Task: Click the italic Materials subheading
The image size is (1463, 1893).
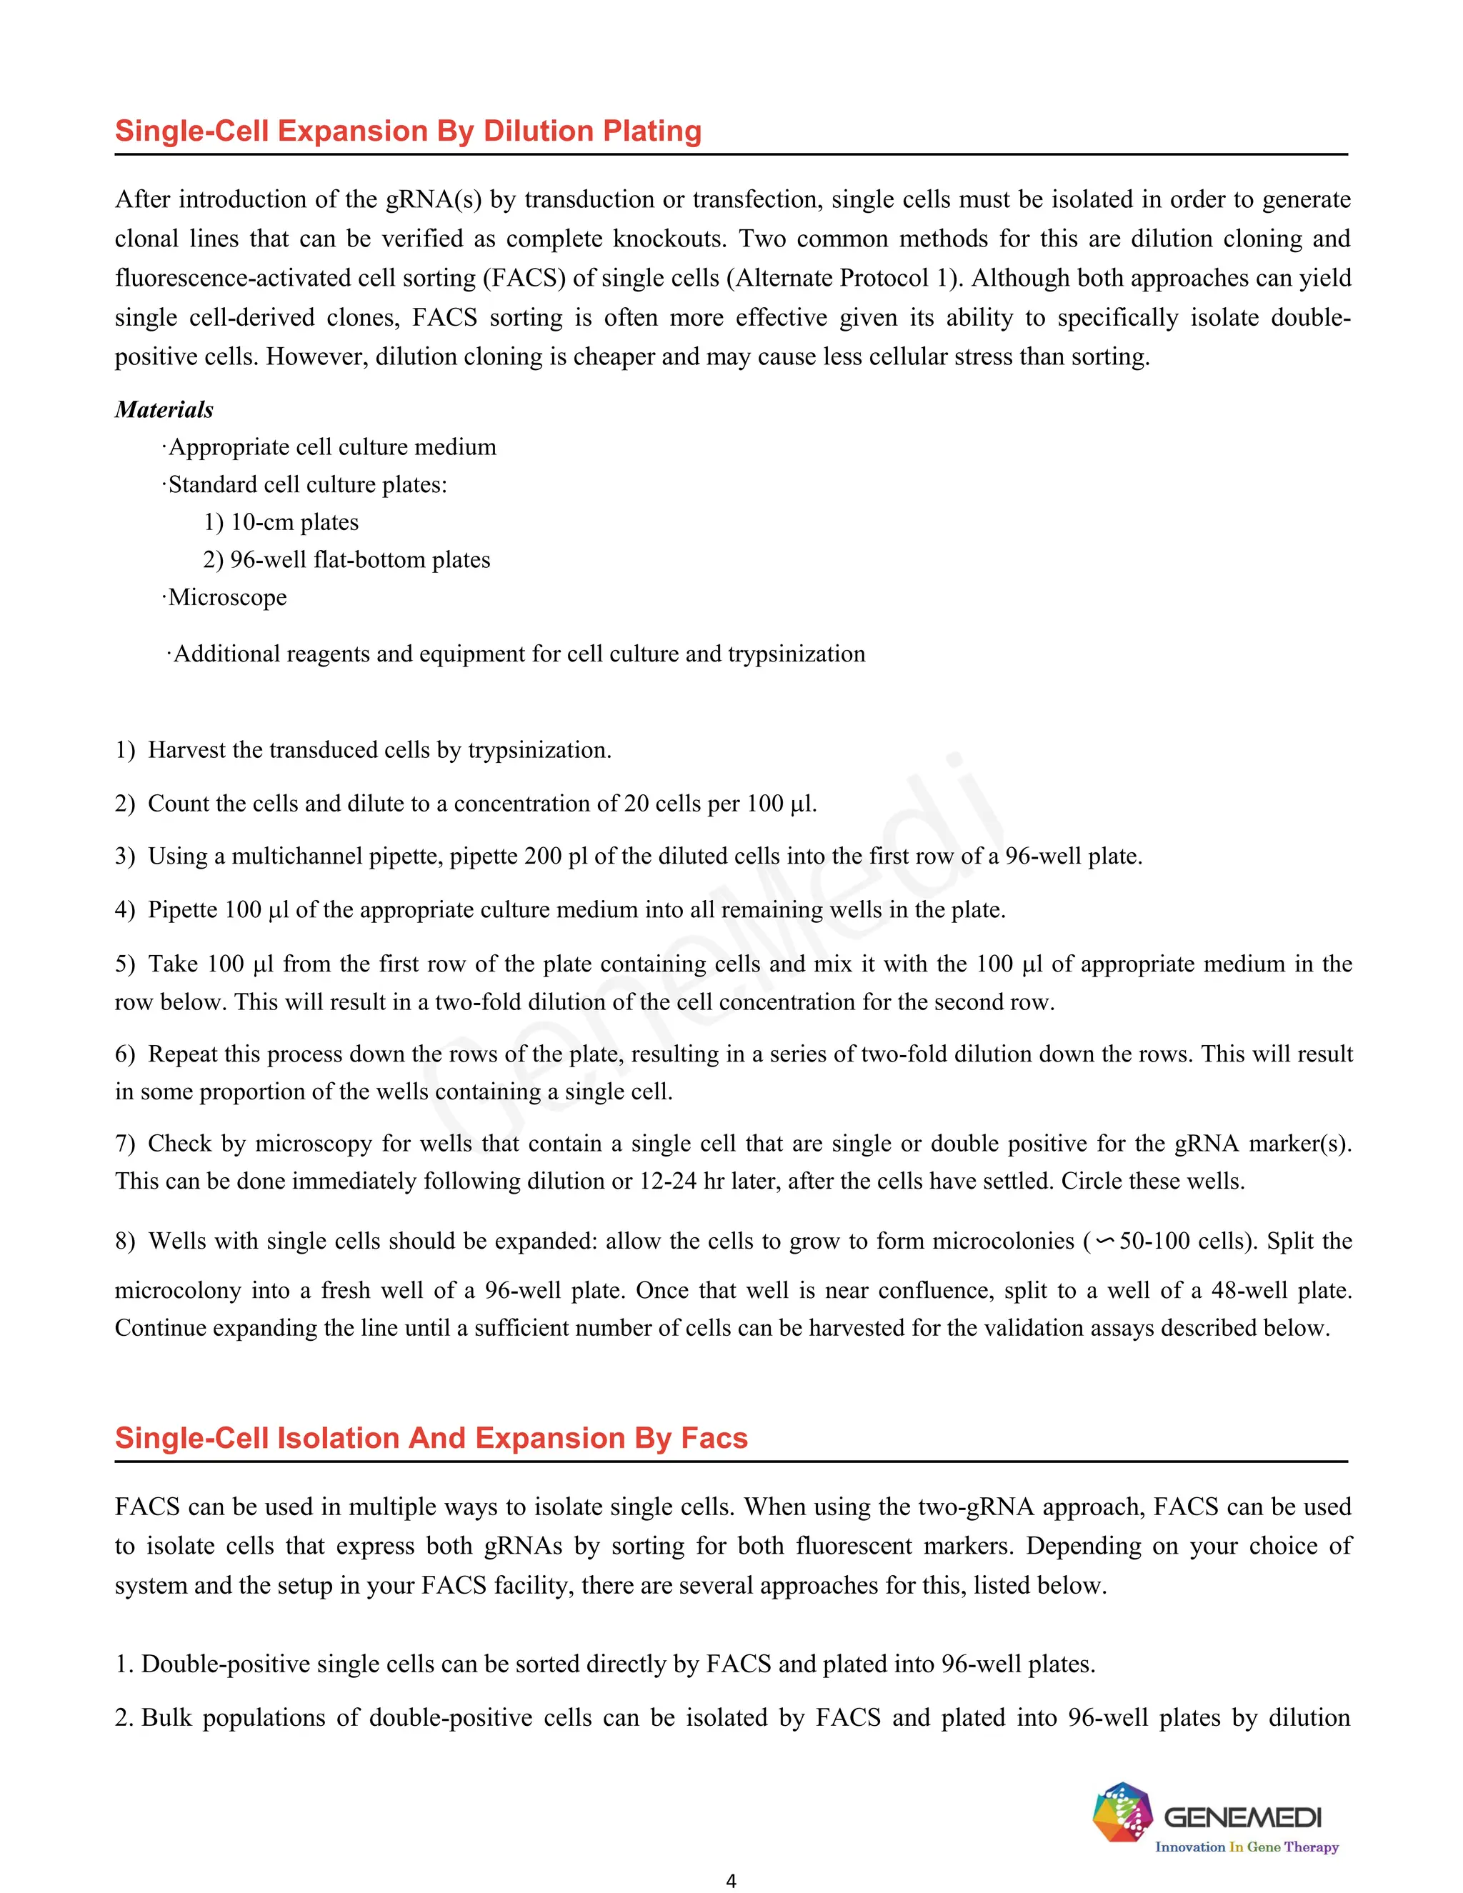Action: [164, 409]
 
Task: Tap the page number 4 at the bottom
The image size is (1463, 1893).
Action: [731, 1880]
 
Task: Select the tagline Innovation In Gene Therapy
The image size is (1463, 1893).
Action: [1247, 1847]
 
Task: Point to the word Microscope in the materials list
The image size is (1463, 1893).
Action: [227, 597]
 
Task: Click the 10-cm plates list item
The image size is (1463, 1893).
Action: [281, 521]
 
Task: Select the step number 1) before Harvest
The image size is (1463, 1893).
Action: [125, 750]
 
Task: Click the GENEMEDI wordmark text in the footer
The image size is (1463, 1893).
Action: [1242, 1817]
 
